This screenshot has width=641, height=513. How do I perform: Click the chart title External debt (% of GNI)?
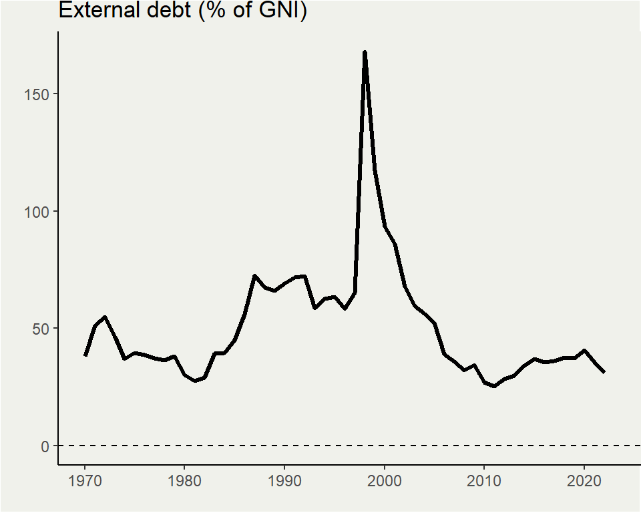click(182, 11)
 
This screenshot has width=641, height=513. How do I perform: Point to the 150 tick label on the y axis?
click(39, 94)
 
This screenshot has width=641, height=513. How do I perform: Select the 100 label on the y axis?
click(39, 211)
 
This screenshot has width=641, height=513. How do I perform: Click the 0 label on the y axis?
click(46, 446)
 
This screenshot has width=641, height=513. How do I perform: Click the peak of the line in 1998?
click(365, 52)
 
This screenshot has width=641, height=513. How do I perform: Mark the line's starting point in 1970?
click(85, 355)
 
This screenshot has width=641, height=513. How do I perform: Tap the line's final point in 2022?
click(604, 372)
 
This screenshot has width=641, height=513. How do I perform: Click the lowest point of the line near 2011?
click(494, 386)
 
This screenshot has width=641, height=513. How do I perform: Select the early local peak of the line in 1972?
click(105, 317)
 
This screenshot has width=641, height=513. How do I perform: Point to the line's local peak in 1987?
click(254, 276)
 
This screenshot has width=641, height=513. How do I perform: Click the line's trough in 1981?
click(195, 381)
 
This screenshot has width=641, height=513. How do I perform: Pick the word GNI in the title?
click(275, 11)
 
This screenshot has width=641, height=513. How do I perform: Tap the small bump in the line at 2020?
click(584, 350)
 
